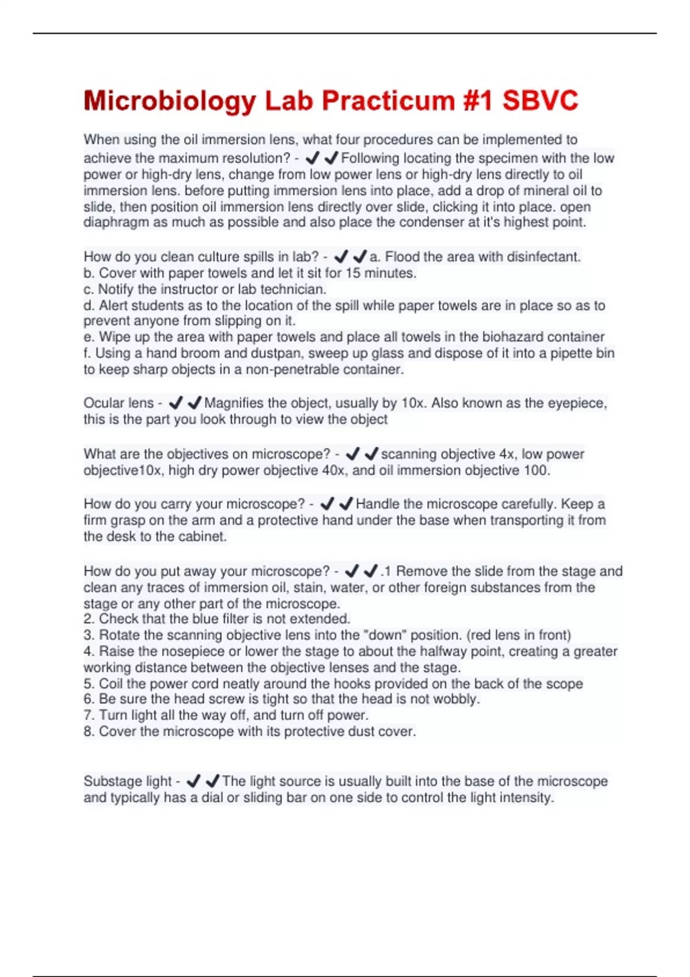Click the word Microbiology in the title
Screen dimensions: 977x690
coord(170,101)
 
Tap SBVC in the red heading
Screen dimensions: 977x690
coord(540,101)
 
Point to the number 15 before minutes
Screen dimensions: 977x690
coord(352,273)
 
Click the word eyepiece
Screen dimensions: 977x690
coord(577,403)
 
